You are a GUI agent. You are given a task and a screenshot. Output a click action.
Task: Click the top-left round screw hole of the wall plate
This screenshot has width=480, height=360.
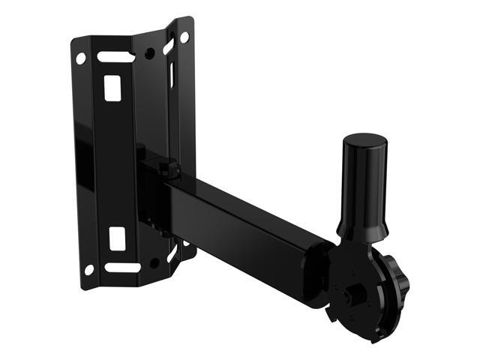coord(80,57)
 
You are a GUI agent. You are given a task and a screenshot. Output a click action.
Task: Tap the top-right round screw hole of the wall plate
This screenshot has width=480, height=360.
coord(184,36)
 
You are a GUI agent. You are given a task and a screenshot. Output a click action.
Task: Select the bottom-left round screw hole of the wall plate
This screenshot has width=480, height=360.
coord(89,268)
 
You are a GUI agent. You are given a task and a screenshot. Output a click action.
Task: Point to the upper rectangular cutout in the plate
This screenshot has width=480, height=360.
coord(112,86)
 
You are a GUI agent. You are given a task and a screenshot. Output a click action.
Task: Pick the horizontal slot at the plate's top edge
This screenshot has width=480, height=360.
coord(113,57)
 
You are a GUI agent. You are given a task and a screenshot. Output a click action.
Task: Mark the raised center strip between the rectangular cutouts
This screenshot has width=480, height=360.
coord(116,161)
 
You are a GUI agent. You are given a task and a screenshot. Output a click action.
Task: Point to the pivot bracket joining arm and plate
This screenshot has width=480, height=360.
coord(154,187)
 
